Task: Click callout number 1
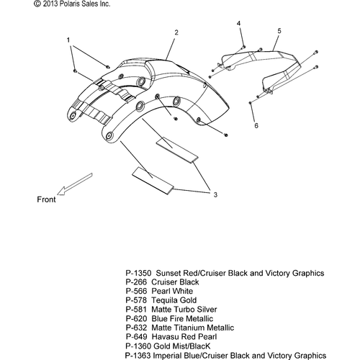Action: [68, 40]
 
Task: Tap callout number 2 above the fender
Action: [176, 32]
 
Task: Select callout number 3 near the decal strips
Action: [215, 194]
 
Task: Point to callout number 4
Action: [238, 23]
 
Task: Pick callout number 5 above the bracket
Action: [279, 31]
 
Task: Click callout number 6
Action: [256, 125]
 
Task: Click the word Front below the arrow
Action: [46, 199]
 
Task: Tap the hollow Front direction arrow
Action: [75, 184]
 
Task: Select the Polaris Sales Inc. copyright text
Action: [72, 4]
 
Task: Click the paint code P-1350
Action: [138, 273]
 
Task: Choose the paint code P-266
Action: [136, 282]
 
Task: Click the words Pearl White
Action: [172, 291]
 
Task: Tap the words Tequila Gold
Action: [174, 300]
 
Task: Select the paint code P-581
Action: [136, 310]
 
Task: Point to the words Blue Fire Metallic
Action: [182, 319]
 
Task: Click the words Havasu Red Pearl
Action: [184, 337]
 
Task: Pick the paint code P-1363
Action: [138, 356]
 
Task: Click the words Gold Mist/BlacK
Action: [182, 346]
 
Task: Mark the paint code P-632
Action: [136, 328]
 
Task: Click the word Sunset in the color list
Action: [168, 273]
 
